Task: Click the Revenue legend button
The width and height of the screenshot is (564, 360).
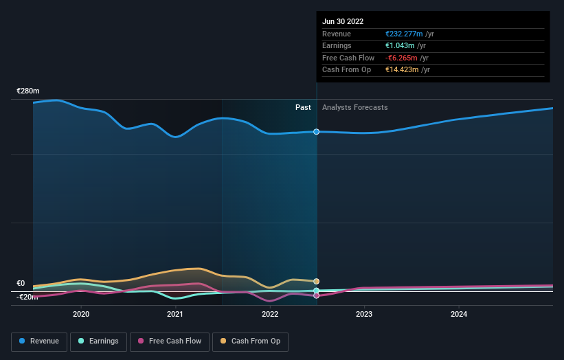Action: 39,341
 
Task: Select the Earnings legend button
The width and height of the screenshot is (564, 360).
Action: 98,341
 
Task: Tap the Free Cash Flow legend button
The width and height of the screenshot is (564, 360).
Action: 170,341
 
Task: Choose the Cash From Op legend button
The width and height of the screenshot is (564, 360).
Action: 250,341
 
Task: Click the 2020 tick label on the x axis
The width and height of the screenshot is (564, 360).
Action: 81,314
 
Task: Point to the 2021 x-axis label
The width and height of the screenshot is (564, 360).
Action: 175,314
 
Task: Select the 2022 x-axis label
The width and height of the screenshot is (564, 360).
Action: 270,314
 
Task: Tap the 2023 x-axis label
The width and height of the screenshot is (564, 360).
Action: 364,314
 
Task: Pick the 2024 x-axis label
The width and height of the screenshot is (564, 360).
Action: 459,314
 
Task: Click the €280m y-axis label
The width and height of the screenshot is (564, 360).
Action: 29,91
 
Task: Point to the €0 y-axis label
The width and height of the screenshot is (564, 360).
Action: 21,283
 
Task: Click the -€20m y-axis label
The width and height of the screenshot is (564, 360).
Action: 27,297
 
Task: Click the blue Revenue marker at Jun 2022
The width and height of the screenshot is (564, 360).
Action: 317,131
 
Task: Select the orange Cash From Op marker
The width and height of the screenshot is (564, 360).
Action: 317,281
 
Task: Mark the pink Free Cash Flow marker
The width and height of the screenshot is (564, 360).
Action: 317,295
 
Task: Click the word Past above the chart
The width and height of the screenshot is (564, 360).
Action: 303,107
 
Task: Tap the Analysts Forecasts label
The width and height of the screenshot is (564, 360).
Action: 354,107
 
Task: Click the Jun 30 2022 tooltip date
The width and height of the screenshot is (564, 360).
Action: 343,21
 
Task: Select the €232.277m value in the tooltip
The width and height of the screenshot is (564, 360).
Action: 404,34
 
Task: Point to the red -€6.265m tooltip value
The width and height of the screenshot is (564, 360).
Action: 402,58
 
